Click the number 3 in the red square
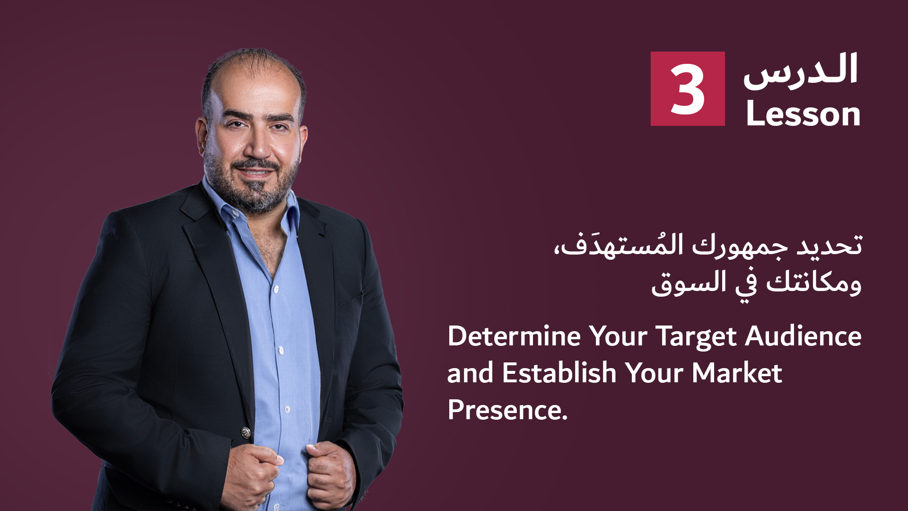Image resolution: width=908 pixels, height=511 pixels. [x=687, y=89]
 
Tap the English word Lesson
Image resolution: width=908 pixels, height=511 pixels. [x=803, y=114]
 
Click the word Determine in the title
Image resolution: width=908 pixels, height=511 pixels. [x=514, y=336]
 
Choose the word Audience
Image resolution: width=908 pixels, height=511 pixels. [x=803, y=336]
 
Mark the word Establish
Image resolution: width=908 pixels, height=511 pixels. [x=559, y=372]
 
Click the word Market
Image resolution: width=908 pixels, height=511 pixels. [x=737, y=372]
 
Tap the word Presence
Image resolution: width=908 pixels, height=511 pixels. [x=507, y=409]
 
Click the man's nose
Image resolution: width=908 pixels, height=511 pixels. [x=256, y=144]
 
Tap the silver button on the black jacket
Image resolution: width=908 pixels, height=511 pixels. [x=246, y=432]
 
